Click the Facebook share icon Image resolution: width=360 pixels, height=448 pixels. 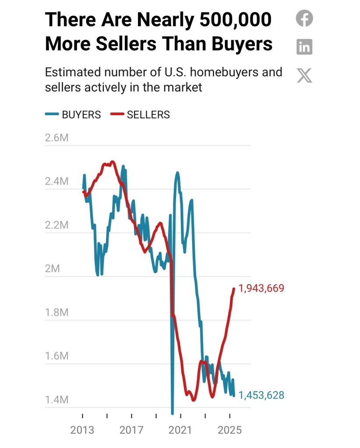tap(304, 19)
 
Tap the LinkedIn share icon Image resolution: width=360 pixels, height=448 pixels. tap(304, 46)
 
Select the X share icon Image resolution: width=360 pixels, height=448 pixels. tap(304, 75)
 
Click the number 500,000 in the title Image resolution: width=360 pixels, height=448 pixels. tap(235, 20)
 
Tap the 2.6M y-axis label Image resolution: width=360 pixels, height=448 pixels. tap(57, 138)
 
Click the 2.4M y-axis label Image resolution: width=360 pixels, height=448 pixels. tap(57, 182)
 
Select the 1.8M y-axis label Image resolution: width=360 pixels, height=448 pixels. tap(57, 312)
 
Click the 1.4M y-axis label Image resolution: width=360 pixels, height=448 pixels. tap(57, 399)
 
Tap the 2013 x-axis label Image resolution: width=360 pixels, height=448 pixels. tap(82, 430)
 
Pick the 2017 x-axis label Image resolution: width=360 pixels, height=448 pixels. tap(131, 430)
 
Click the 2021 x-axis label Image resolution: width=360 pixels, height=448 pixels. tap(180, 430)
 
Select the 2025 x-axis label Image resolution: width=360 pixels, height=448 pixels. tap(229, 430)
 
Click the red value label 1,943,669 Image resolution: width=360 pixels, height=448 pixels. tap(261, 288)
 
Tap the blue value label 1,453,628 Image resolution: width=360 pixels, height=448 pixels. tap(261, 395)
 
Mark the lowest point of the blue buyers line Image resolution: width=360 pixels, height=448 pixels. tap(172, 413)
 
